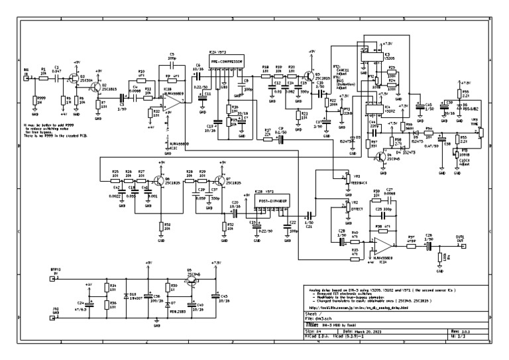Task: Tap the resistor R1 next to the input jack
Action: pyautogui.click(x=44, y=78)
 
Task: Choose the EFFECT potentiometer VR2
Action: pyautogui.click(x=345, y=207)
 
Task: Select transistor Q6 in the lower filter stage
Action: pyautogui.click(x=160, y=181)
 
